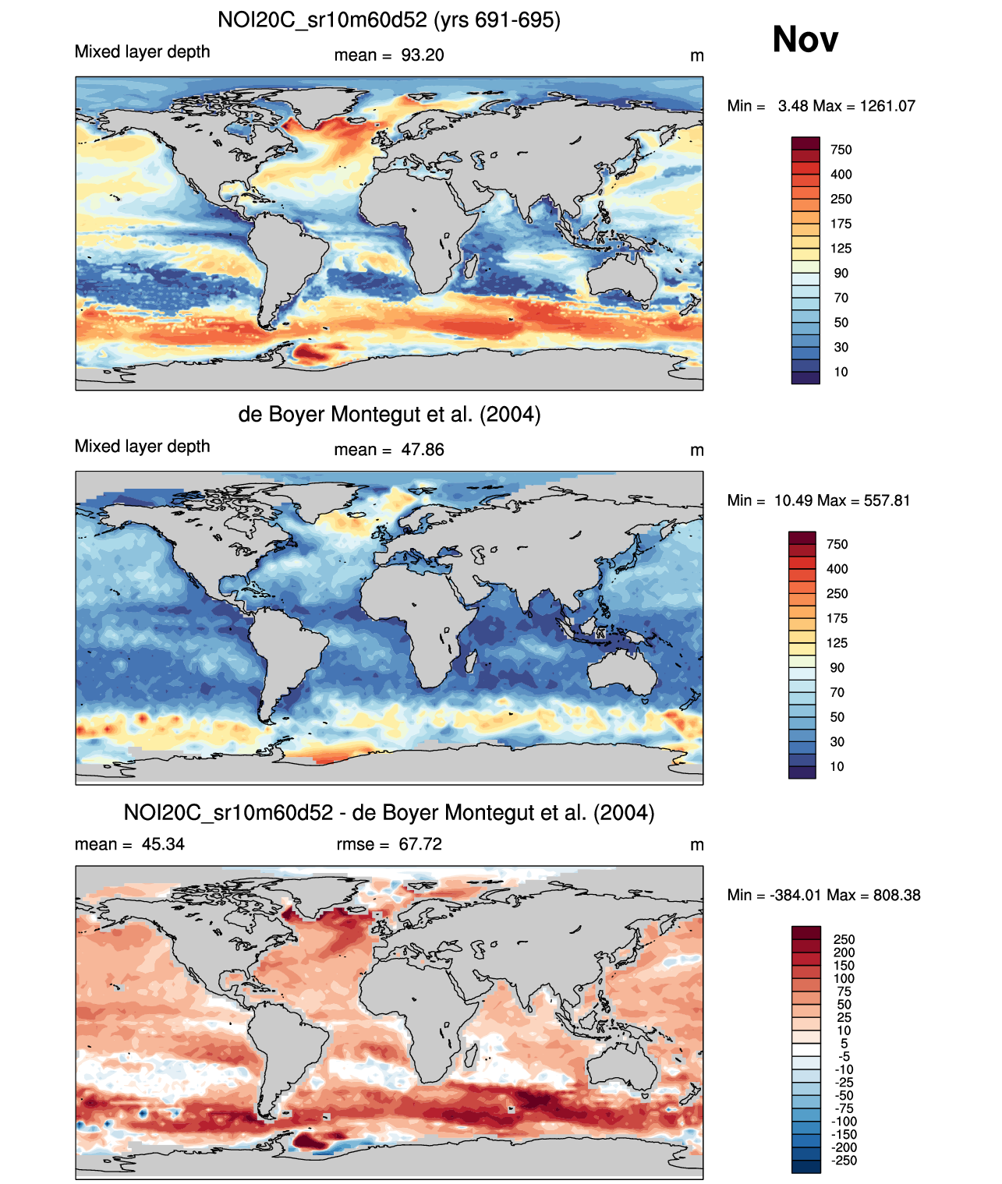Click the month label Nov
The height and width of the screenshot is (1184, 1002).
(805, 39)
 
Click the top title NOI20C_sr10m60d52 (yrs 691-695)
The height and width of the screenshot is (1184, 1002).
(388, 19)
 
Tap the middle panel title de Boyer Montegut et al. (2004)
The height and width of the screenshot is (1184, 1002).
(388, 414)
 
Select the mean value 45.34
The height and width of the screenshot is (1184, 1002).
(163, 844)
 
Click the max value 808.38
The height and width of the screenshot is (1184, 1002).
(897, 895)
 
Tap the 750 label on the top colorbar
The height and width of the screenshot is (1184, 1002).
(841, 150)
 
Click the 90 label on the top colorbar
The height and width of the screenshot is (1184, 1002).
(841, 274)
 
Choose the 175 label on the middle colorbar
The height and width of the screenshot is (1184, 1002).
(837, 618)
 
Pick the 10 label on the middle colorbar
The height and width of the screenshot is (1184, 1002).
(837, 766)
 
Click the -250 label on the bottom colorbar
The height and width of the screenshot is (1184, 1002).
(844, 1161)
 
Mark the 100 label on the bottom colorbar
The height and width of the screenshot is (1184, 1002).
(844, 978)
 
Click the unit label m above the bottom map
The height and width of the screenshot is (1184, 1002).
(697, 845)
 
